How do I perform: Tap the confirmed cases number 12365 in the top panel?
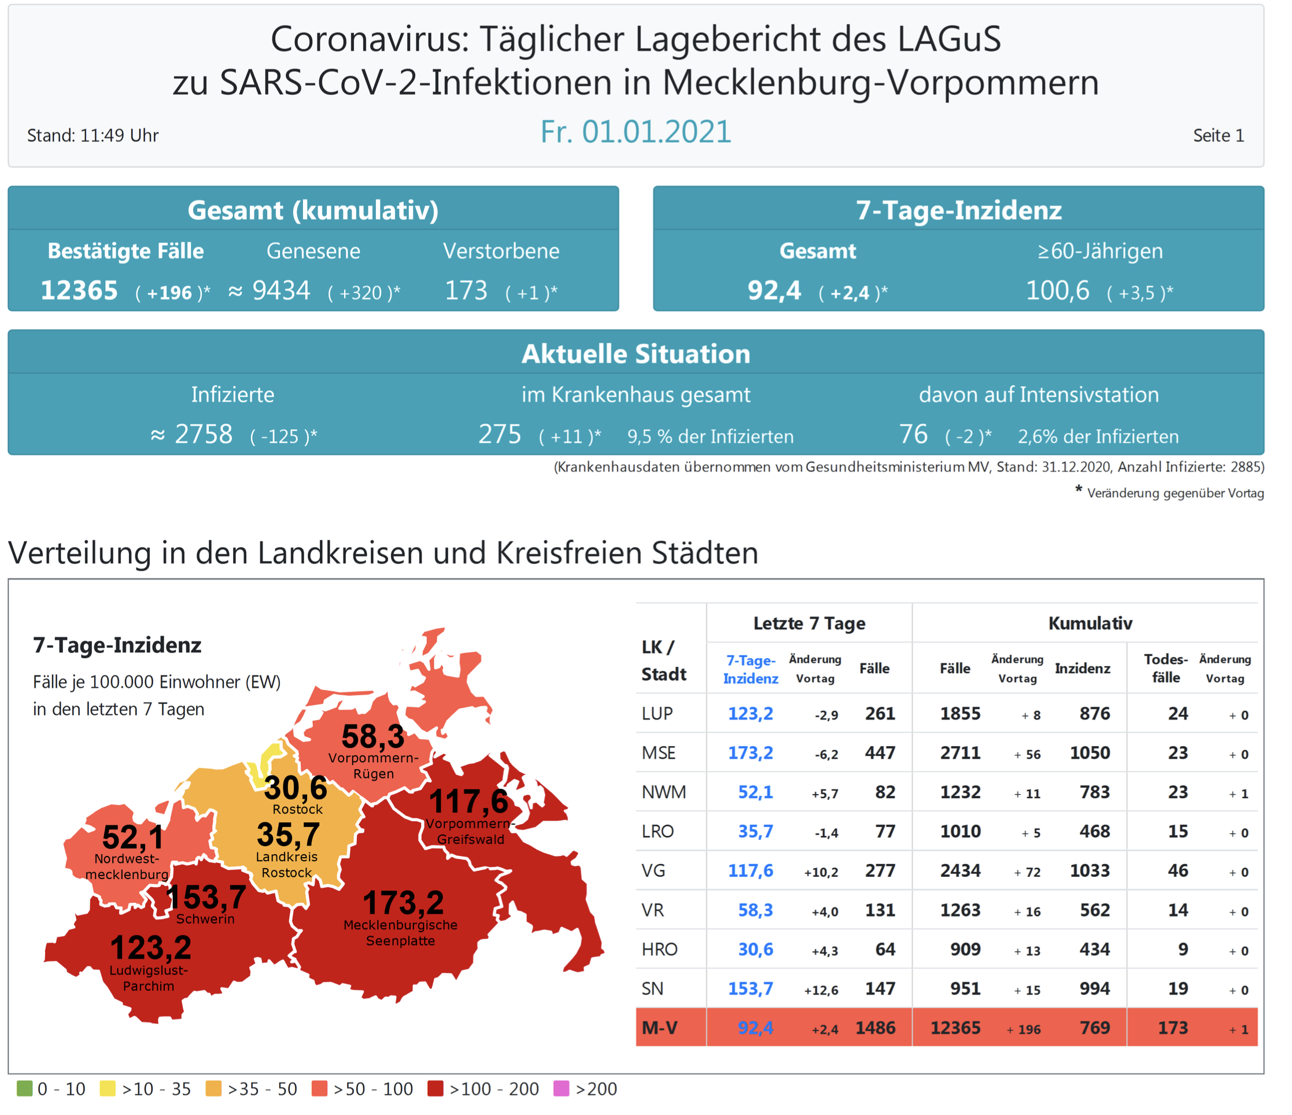tap(79, 290)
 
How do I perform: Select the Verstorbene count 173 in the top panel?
tap(466, 290)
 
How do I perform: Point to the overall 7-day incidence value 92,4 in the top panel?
tap(774, 290)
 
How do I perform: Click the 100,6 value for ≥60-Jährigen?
tap(1058, 290)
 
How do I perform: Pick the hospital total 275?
tap(500, 434)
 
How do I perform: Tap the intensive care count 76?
tap(914, 434)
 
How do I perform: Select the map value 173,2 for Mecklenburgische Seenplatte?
tap(404, 902)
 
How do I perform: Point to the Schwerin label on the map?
tap(205, 918)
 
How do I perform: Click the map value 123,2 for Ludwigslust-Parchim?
tap(151, 948)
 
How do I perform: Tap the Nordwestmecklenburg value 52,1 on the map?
tap(133, 837)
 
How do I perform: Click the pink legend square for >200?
tap(561, 1089)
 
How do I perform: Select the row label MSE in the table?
tap(659, 753)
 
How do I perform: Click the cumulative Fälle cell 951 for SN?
tap(965, 988)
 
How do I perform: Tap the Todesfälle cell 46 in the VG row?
tap(1177, 870)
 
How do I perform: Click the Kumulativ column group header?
tap(1090, 623)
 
